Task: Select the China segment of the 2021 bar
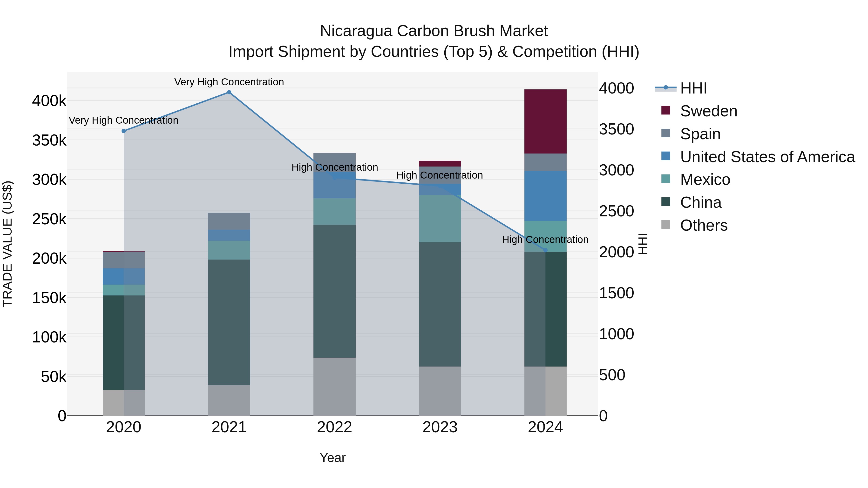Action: (229, 322)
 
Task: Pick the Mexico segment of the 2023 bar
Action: (440, 219)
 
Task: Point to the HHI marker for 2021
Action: (229, 92)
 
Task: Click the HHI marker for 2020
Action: (124, 131)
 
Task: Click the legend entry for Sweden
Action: (708, 111)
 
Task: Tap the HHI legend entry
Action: (693, 88)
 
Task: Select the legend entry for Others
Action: (703, 225)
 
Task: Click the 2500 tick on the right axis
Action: (616, 211)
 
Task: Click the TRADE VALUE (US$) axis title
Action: (7, 244)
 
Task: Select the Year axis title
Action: (332, 458)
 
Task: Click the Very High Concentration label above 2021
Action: (229, 82)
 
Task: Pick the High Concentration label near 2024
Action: (545, 240)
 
